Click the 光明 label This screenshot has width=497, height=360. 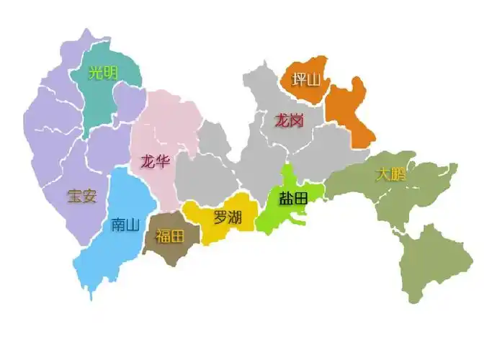click(x=104, y=73)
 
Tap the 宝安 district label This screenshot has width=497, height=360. click(x=81, y=196)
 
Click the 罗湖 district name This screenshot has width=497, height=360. click(x=227, y=217)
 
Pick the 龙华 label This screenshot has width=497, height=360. click(x=155, y=161)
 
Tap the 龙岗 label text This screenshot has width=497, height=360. click(x=288, y=120)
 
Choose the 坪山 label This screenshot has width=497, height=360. click(x=305, y=79)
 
